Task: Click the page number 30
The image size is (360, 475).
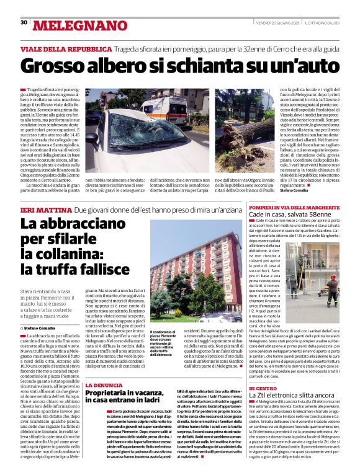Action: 24,22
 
